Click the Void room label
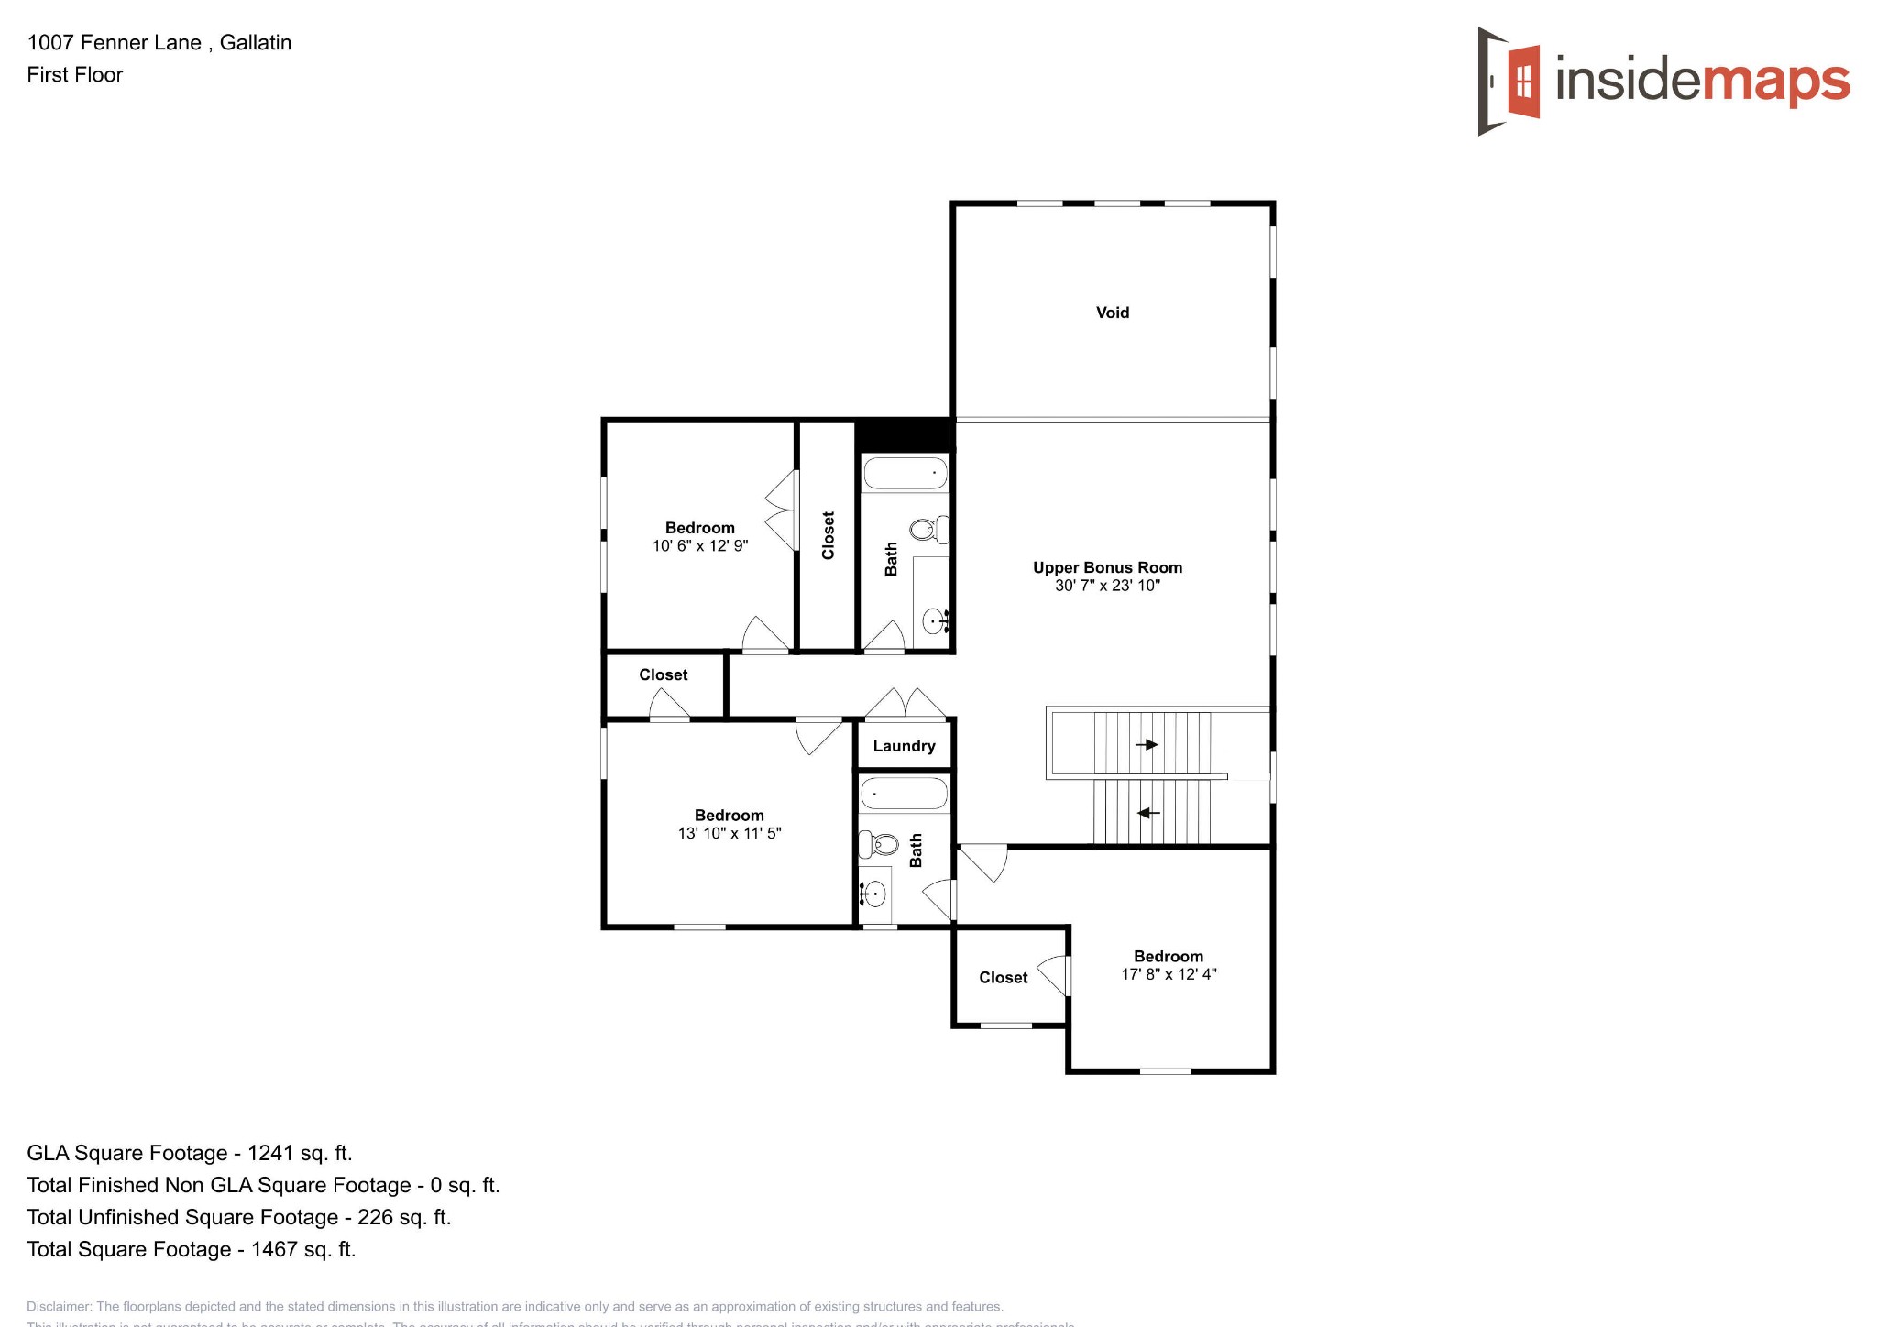1112,313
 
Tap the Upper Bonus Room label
1107,567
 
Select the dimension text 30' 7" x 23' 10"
1107,586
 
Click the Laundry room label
904,746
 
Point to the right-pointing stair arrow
1147,744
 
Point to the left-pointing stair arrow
1148,813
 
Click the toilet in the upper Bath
928,529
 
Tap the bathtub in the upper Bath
906,474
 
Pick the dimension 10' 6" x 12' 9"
700,546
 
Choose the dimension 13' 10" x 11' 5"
730,833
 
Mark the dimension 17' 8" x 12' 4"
1169,974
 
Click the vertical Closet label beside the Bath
829,535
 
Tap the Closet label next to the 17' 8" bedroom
1003,978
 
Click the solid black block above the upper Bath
905,433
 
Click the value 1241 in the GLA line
270,1153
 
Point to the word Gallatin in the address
256,42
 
